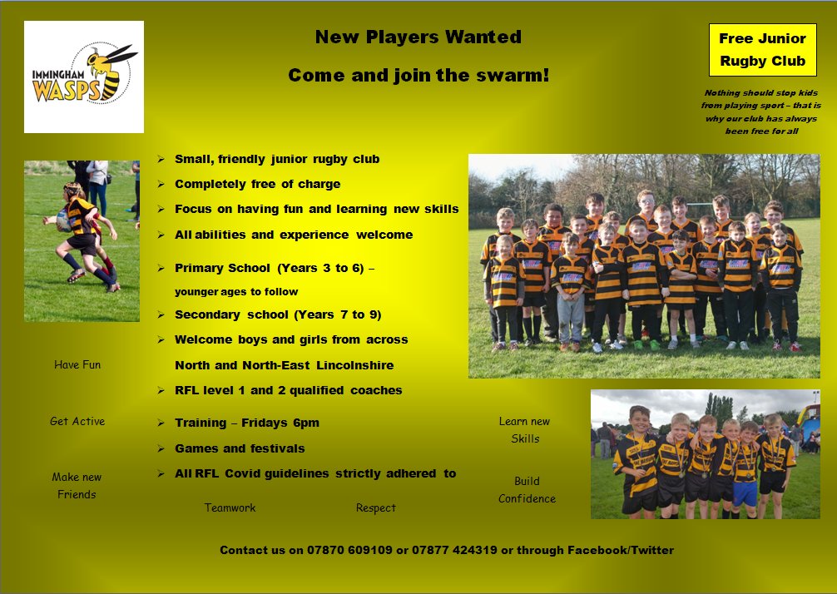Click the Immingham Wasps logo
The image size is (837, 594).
tap(84, 77)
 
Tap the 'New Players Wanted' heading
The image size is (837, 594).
tap(418, 37)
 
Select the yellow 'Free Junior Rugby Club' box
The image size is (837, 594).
tap(762, 50)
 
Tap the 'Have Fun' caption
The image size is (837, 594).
tap(77, 364)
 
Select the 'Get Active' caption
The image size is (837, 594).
tap(77, 421)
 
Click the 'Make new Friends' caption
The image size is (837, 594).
tap(77, 485)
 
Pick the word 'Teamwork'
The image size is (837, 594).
tap(230, 507)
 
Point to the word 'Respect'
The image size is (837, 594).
tap(376, 507)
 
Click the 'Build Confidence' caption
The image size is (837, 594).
tap(527, 489)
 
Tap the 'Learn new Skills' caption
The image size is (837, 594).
tap(525, 429)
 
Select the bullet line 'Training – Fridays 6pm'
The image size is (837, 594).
tap(246, 423)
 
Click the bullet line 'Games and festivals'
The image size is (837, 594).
tap(240, 448)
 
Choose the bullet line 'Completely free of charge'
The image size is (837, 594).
tap(257, 184)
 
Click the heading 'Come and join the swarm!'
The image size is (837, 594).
tap(418, 76)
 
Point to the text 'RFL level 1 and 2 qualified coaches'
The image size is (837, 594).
tap(288, 390)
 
